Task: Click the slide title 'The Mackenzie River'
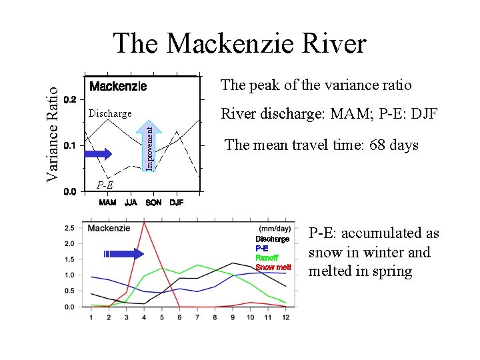point(240,44)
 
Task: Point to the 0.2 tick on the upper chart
point(70,99)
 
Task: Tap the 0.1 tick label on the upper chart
point(70,145)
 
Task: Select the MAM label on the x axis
point(107,203)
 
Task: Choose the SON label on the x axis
point(153,203)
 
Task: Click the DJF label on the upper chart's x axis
point(177,203)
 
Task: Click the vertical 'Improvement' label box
point(151,145)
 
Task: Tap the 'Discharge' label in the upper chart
point(110,113)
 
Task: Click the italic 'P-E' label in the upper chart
point(104,185)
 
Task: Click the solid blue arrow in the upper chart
point(99,154)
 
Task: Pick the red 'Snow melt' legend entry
point(273,267)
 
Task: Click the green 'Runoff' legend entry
point(267,257)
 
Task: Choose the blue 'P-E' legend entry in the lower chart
point(261,248)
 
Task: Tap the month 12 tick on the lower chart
point(285,317)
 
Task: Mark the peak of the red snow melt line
point(145,223)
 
